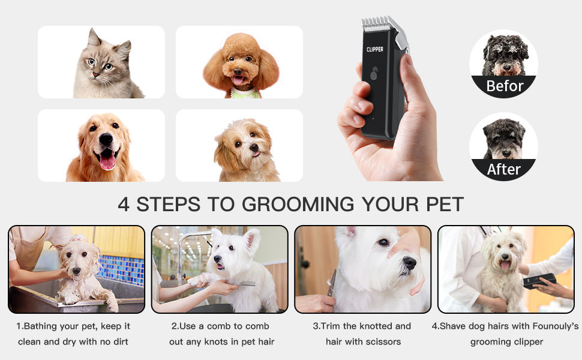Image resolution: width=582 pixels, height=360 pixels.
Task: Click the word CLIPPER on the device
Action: pyautogui.click(x=374, y=49)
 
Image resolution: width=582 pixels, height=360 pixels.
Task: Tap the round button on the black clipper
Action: pyautogui.click(x=373, y=73)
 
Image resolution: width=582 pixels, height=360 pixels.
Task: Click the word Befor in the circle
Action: pyautogui.click(x=505, y=86)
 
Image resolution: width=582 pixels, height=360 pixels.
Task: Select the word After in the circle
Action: pyautogui.click(x=503, y=169)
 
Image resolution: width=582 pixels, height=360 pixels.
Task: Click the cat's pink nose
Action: pyautogui.click(x=96, y=75)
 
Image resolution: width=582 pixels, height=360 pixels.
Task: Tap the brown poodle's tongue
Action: pyautogui.click(x=238, y=81)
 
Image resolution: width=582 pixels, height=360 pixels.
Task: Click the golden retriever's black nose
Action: pyautogui.click(x=106, y=139)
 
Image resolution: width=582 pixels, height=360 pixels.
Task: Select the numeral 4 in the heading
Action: pyautogui.click(x=124, y=205)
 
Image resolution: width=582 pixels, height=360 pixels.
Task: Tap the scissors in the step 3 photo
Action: pyautogui.click(x=331, y=283)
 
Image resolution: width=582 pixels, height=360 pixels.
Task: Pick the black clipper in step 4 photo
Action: pyautogui.click(x=539, y=281)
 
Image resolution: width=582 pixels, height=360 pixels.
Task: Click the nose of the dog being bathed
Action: pyautogui.click(x=76, y=271)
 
